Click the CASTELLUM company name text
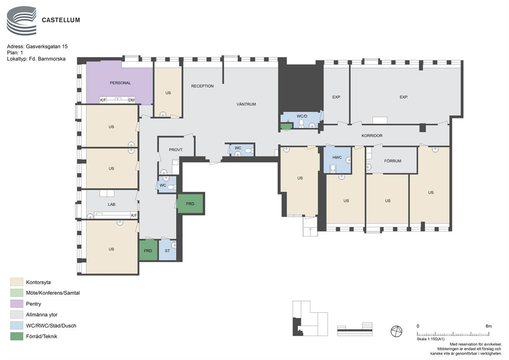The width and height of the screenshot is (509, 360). [61, 20]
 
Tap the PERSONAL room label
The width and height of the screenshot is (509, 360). [120, 83]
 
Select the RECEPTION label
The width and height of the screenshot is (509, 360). [202, 86]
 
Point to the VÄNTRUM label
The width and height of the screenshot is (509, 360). [246, 104]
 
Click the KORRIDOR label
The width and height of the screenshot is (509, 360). [372, 136]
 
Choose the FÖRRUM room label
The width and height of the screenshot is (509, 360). [393, 161]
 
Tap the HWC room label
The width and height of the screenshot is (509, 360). [337, 157]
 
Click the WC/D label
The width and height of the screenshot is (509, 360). [302, 116]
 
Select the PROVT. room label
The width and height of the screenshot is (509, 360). [176, 150]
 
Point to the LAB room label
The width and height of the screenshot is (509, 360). [111, 204]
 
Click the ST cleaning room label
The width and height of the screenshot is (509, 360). [167, 251]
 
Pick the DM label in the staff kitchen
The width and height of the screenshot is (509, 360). [131, 100]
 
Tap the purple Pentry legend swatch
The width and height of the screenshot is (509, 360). [17, 304]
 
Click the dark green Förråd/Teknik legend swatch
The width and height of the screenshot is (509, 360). [17, 336]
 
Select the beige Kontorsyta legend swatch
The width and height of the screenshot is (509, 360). [17, 282]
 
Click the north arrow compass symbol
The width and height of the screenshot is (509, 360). [396, 331]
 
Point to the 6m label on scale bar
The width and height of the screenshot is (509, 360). [489, 326]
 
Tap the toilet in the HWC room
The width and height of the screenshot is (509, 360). [333, 168]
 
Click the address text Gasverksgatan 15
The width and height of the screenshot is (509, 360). [47, 47]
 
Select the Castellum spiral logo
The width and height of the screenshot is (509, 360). [22, 21]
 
